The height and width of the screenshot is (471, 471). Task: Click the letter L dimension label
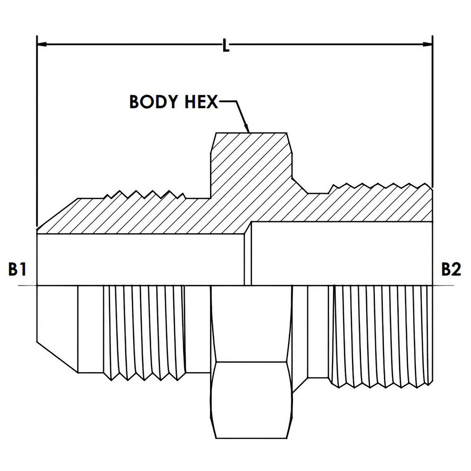(x=226, y=46)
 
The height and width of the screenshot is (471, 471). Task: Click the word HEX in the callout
(x=200, y=102)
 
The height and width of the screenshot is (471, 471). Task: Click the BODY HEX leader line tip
(x=248, y=130)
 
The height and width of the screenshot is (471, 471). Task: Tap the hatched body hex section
(x=250, y=160)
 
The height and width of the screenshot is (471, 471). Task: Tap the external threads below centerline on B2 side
(x=382, y=334)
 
